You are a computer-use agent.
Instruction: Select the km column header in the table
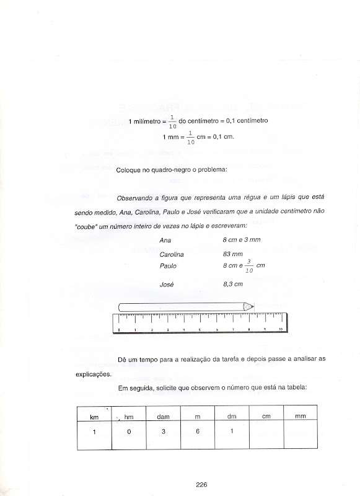tap(95, 417)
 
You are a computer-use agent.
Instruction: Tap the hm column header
tap(130, 417)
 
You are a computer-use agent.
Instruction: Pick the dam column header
tap(164, 417)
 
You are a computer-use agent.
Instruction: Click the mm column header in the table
tap(301, 417)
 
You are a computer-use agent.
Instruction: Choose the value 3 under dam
tap(164, 432)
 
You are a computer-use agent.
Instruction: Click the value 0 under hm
tap(130, 432)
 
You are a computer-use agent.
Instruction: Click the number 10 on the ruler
tap(281, 329)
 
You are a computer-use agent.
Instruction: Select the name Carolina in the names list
tap(172, 254)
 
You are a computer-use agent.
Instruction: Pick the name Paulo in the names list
tap(167, 266)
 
